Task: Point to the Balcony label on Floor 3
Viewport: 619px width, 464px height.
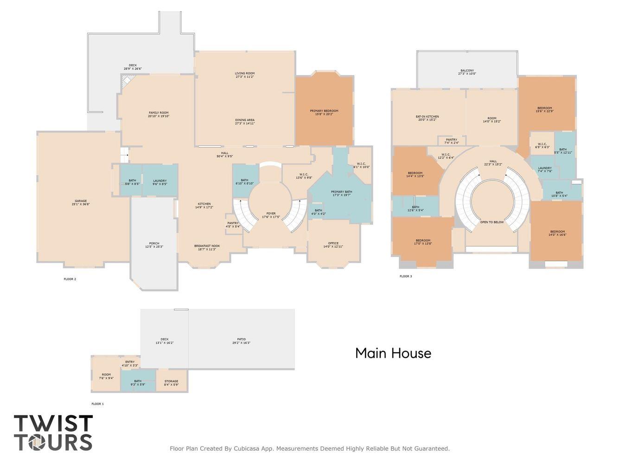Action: coord(467,71)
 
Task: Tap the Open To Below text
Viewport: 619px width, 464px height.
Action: coord(491,222)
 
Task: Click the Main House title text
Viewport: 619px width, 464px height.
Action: coord(393,354)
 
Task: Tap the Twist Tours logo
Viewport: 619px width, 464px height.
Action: coord(53,433)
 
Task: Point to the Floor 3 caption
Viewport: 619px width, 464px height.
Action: coord(406,277)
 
